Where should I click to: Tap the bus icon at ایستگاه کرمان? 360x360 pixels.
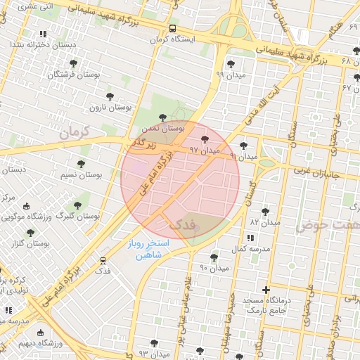click(172, 29)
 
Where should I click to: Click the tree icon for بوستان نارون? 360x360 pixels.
click(109, 96)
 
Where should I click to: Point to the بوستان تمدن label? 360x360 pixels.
click(163, 128)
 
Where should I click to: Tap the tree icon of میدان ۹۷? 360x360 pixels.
click(205, 140)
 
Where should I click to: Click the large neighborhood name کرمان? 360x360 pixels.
click(77, 131)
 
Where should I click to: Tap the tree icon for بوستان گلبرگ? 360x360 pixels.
click(77, 205)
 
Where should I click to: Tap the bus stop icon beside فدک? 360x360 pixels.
click(103, 260)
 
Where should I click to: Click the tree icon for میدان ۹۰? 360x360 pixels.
click(214, 258)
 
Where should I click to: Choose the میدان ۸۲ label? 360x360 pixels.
click(264, 221)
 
